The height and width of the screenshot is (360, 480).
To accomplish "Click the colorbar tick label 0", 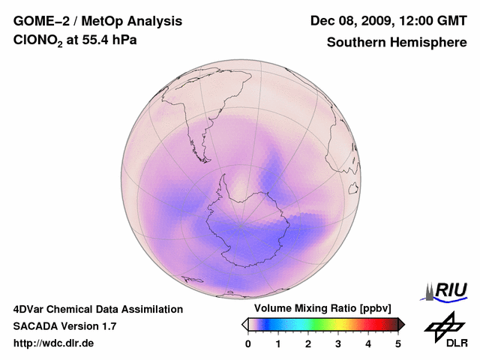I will (x=248, y=343).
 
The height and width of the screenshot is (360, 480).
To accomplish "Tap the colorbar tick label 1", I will (x=278, y=343).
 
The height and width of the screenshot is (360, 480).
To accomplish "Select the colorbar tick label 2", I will (x=308, y=343).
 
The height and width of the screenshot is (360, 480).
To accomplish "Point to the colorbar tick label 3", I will (x=338, y=343).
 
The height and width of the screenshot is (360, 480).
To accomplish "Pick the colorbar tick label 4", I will (x=368, y=343).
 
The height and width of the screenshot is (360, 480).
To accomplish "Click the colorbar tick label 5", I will (x=398, y=343).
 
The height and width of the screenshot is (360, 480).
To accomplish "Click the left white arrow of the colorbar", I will (x=244, y=324).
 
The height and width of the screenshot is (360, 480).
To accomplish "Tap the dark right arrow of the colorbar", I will (x=401, y=324).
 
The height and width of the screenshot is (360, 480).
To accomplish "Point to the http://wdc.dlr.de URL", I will (x=54, y=343).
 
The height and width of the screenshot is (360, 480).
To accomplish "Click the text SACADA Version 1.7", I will (x=64, y=326).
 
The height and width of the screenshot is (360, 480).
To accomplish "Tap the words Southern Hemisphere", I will (x=397, y=43).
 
